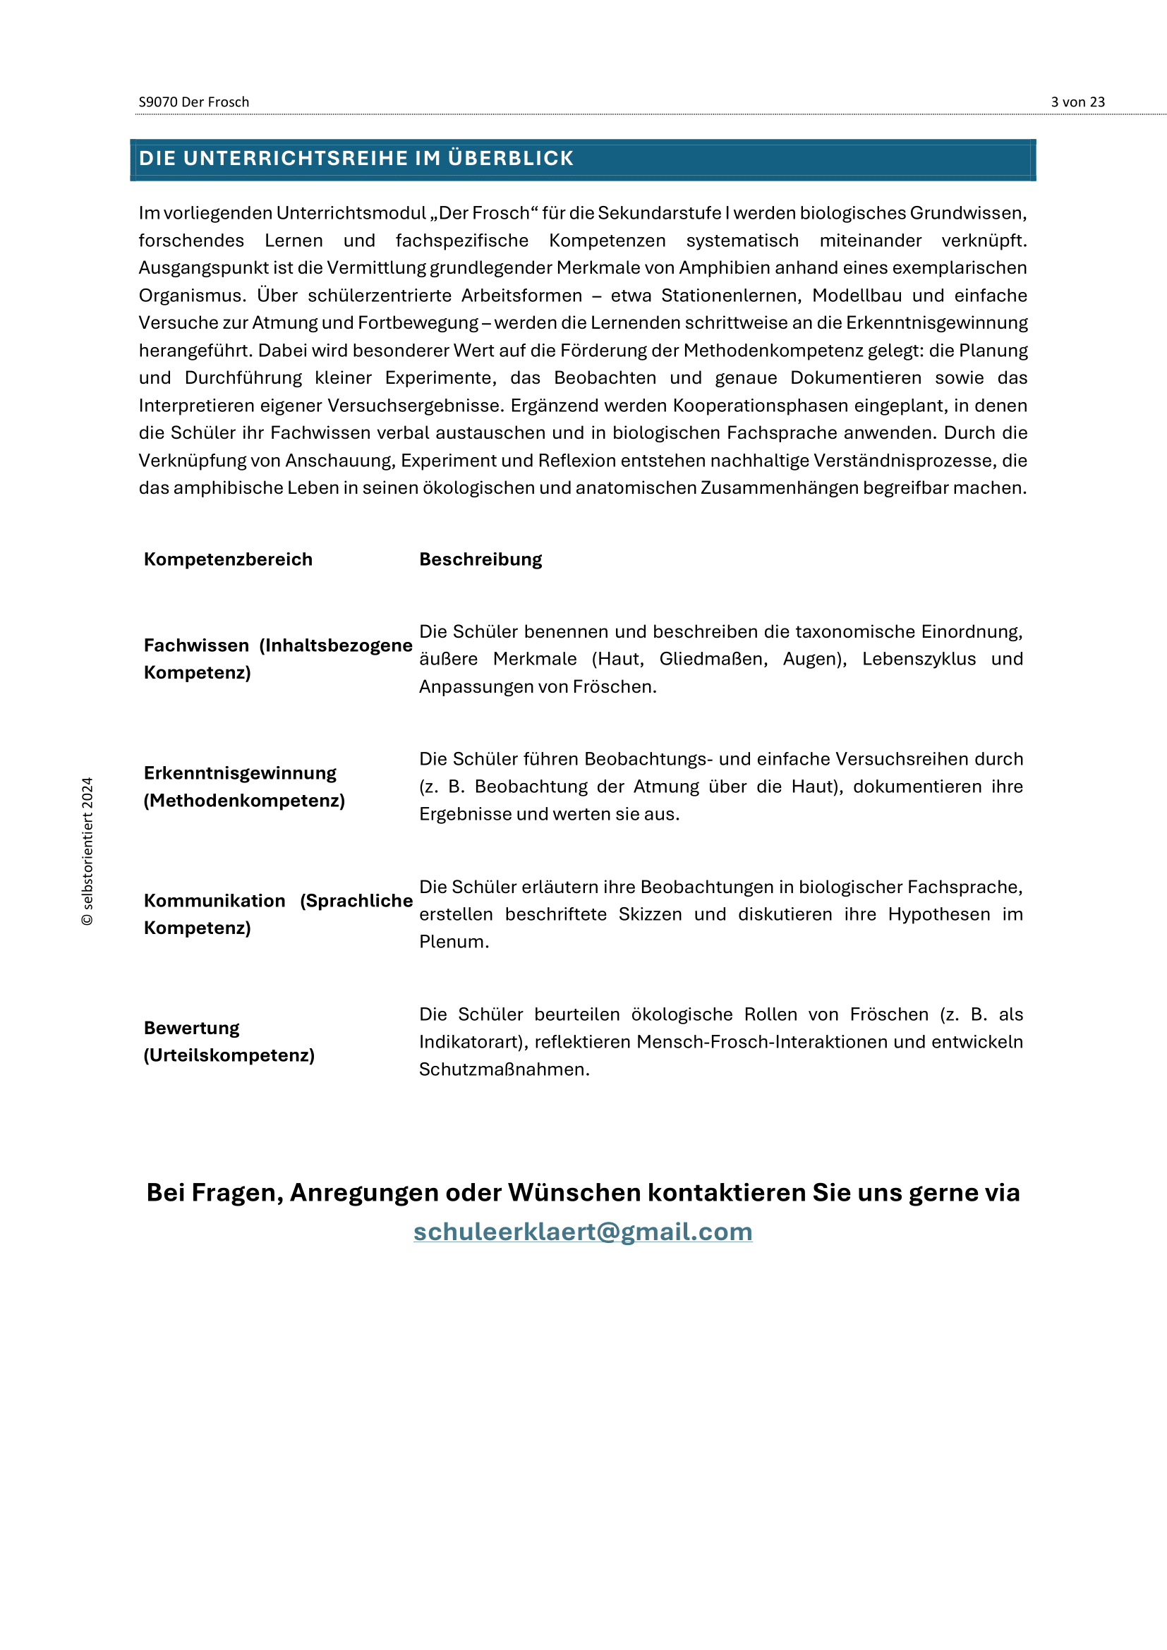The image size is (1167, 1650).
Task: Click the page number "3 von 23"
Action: point(1077,102)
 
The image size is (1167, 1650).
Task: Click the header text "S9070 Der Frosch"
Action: point(194,102)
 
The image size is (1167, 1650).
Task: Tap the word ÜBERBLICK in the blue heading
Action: point(510,158)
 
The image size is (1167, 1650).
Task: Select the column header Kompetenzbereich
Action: point(228,559)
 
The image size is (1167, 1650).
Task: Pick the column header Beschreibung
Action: point(480,559)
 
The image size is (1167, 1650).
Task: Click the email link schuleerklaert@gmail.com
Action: point(583,1232)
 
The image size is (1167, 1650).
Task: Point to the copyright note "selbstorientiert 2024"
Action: point(87,851)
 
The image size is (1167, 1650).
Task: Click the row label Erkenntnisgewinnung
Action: point(240,773)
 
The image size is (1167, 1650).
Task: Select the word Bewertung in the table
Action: point(191,1029)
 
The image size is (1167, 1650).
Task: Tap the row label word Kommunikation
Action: point(214,900)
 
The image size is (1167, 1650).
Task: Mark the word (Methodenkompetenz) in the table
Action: point(244,801)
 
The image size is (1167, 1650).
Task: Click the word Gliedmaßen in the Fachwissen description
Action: point(713,659)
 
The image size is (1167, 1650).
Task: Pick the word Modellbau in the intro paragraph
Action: point(857,296)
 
